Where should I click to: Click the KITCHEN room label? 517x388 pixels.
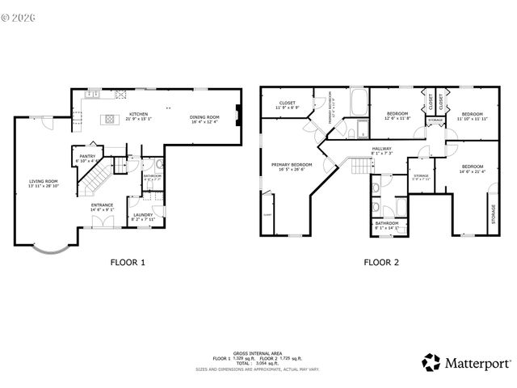[139, 115]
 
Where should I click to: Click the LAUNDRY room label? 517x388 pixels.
[143, 214]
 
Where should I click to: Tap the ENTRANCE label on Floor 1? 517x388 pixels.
[102, 206]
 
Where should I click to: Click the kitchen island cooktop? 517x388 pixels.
[107, 120]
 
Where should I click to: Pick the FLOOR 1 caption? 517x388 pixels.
[128, 262]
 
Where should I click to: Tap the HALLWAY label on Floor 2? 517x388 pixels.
[382, 149]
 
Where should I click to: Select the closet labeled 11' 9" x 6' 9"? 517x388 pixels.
[287, 104]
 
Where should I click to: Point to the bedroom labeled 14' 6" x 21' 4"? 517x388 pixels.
[472, 169]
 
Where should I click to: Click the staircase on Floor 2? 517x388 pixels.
[360, 166]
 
